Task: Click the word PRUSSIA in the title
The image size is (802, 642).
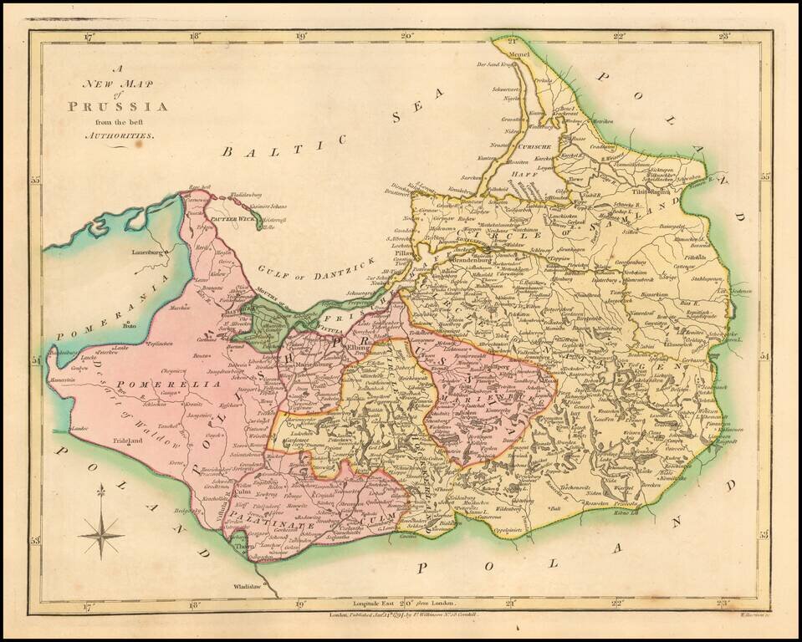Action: tap(118, 106)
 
